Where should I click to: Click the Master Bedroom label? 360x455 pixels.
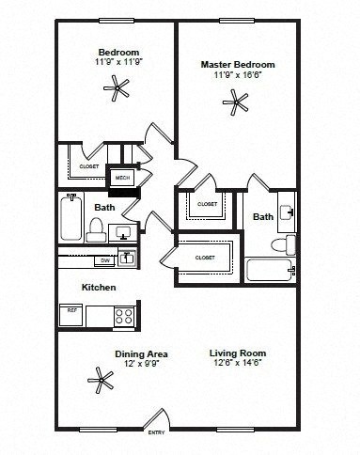point(237,64)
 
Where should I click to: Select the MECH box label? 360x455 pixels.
point(122,177)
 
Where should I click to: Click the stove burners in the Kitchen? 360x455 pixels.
point(123,316)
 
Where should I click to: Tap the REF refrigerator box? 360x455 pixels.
point(70,313)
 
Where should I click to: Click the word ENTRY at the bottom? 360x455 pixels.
point(155,432)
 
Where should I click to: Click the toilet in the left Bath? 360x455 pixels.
point(95,227)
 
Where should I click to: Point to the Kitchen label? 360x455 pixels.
point(98,287)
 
